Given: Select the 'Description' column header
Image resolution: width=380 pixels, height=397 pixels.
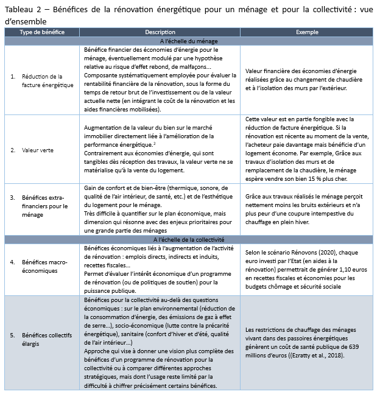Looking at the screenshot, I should point(160,32).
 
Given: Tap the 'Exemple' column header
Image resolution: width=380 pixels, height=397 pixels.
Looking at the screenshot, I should point(308,32).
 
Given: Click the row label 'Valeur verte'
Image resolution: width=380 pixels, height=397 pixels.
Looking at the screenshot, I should point(38,149).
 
